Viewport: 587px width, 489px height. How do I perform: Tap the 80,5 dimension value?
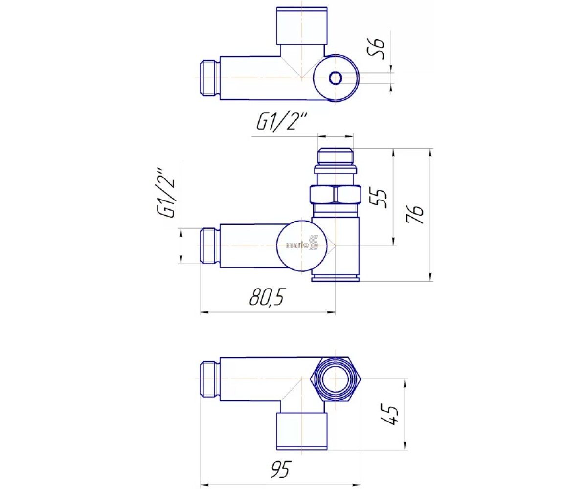point(267,297)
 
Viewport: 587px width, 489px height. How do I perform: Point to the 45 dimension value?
point(390,415)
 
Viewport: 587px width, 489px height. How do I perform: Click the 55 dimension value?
point(381,198)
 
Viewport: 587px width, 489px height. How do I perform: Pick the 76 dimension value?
point(414,214)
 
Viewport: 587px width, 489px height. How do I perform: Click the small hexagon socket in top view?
point(335,78)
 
